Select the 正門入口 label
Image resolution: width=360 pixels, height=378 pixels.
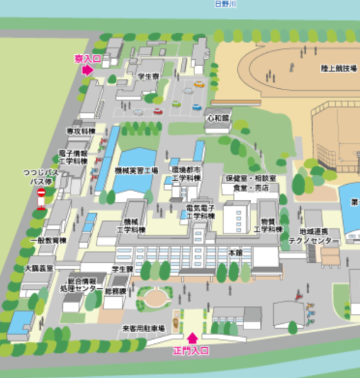(191, 351)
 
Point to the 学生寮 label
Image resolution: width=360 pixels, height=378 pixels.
(149, 76)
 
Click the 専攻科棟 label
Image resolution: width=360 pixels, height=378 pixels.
(81, 131)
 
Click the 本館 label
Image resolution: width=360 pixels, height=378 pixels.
(235, 252)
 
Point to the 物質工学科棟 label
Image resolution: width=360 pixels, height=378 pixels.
(269, 225)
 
